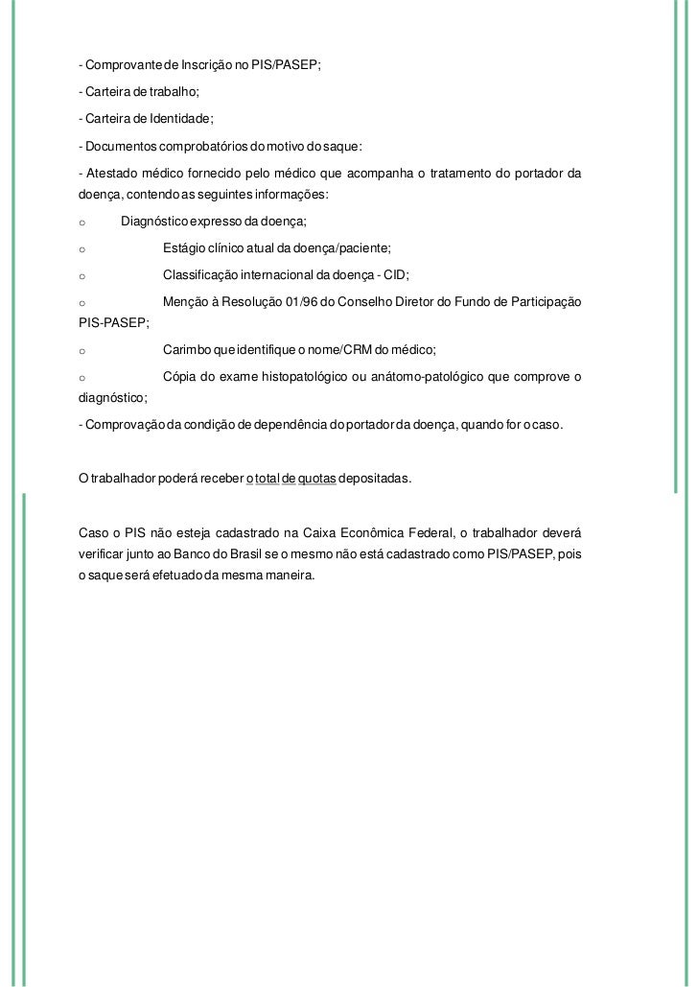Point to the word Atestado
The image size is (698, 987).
click(x=112, y=173)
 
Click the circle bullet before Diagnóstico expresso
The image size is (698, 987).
click(x=83, y=223)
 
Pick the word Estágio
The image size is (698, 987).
click(x=184, y=248)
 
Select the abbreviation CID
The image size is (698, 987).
click(x=395, y=275)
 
